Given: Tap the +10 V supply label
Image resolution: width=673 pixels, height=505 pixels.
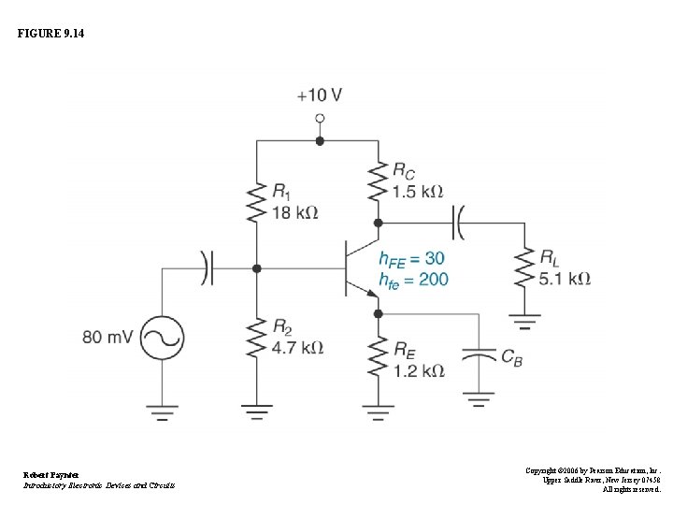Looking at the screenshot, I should click(319, 95).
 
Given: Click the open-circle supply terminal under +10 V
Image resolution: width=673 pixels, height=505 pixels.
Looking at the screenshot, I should click(320, 119).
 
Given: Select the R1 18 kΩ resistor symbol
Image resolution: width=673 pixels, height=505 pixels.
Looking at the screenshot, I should click(256, 199).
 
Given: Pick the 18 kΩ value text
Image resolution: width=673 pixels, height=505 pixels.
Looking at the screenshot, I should click(294, 212).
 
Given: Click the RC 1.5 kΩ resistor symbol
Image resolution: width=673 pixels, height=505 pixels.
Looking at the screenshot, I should click(378, 182).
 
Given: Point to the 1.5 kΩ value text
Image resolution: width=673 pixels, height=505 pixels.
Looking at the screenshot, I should click(417, 192).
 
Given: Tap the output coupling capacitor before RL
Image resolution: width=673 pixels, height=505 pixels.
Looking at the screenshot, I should click(460, 224).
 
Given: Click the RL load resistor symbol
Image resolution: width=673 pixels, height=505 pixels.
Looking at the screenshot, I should click(523, 268).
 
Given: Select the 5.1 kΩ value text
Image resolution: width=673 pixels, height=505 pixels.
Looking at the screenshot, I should click(566, 278).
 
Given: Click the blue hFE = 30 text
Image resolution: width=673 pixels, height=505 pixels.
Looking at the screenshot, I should click(411, 258).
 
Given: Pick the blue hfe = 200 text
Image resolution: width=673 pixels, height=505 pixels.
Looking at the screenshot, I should click(413, 279).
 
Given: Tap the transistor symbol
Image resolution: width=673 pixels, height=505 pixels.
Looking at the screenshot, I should click(361, 269).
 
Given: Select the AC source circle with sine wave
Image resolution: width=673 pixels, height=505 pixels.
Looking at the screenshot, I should click(162, 337).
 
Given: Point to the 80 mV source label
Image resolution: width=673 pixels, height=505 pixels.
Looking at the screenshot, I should click(107, 337).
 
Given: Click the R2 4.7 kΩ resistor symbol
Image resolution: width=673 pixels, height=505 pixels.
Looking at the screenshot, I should click(256, 339).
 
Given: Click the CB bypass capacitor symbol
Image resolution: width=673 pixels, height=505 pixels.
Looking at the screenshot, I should click(480, 357).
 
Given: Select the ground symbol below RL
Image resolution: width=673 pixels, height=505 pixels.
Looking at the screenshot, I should click(523, 323).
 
